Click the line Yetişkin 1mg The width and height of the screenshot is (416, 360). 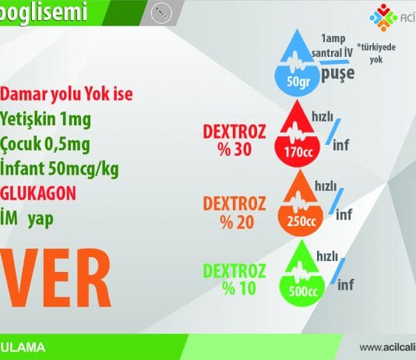(x=45, y=121)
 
